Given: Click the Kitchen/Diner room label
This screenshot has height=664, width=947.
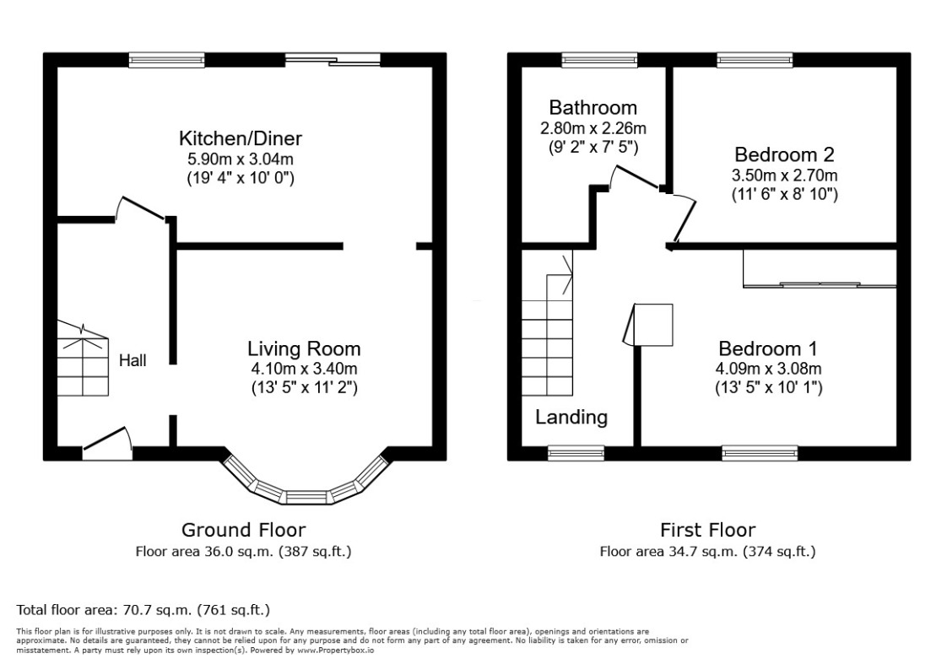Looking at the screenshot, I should (x=240, y=138).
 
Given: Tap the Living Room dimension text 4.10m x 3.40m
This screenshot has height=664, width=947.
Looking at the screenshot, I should (x=303, y=369).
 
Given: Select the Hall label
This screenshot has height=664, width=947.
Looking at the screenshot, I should (x=133, y=361).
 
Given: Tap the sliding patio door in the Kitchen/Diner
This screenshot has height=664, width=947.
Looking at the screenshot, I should (x=332, y=59).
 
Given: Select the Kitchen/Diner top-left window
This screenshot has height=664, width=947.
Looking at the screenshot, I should (x=155, y=59).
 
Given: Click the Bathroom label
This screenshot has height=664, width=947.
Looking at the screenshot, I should (x=593, y=108).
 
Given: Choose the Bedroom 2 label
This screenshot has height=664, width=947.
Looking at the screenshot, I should (x=784, y=155).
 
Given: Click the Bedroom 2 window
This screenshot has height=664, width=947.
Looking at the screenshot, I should (x=755, y=59).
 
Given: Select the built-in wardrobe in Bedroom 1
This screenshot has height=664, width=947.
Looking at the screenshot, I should (x=819, y=270).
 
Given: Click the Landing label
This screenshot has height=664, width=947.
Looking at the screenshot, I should (x=571, y=417).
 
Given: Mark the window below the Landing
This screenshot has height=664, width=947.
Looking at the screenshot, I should (x=576, y=453).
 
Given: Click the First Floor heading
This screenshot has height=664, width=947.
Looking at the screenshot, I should (x=707, y=530).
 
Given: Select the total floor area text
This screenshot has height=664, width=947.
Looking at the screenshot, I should (x=143, y=609).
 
